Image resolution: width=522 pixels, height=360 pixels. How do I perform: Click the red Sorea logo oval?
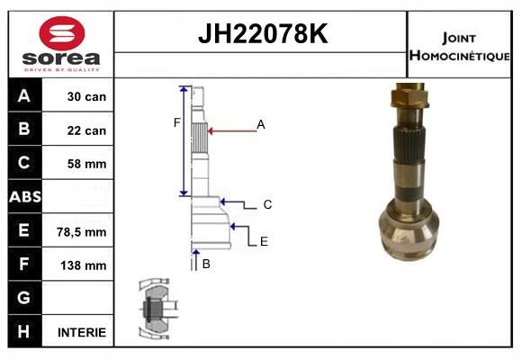(62, 33)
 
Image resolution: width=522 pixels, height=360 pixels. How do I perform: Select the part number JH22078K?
(263, 33)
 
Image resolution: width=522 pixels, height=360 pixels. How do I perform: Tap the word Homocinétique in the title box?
(459, 55)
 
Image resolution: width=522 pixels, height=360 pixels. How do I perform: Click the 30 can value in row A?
(86, 96)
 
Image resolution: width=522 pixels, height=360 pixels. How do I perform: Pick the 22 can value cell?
(86, 130)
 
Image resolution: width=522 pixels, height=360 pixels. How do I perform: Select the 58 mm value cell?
(86, 164)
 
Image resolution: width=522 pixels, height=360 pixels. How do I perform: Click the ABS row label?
(25, 196)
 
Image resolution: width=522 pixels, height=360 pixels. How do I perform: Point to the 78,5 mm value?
(82, 232)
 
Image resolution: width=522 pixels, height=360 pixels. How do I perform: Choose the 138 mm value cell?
(83, 265)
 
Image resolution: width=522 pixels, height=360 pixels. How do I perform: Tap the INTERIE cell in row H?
(82, 332)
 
